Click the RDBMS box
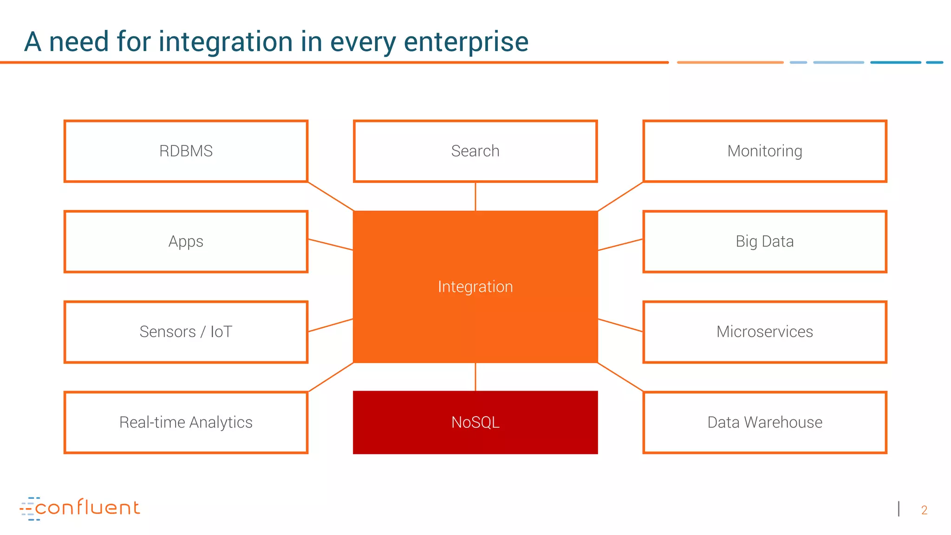click(186, 151)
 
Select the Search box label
click(475, 151)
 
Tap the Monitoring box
click(764, 151)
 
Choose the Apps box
click(186, 241)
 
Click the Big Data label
click(764, 241)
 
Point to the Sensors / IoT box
click(186, 332)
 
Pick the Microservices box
click(764, 332)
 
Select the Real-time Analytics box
click(186, 422)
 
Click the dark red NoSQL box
click(475, 422)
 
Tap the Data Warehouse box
click(764, 422)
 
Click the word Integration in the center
click(475, 287)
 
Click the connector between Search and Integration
click(475, 196)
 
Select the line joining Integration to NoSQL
click(475, 377)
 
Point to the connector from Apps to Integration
click(331, 245)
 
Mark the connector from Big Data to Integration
click(620, 245)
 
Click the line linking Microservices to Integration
click(620, 325)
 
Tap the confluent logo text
click(87, 508)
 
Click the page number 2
click(924, 510)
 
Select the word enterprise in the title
click(466, 42)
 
